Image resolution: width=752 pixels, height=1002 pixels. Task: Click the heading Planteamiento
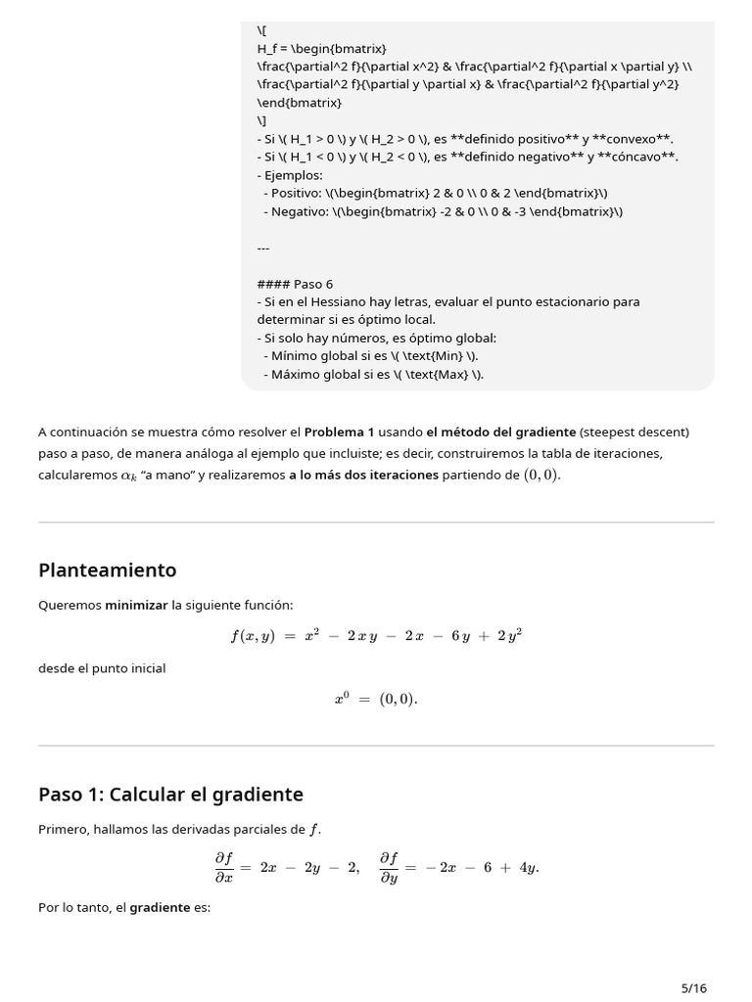[107, 570]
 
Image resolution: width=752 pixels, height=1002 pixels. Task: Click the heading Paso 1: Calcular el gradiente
[170, 795]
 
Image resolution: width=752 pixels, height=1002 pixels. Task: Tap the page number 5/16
[693, 987]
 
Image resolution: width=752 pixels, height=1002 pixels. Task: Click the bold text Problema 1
[339, 432]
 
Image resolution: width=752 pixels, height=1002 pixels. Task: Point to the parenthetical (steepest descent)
[634, 432]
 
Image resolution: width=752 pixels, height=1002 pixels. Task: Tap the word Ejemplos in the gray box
[293, 175]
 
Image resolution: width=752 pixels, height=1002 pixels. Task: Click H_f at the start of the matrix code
[268, 49]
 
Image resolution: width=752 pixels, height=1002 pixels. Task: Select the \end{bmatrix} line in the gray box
[300, 102]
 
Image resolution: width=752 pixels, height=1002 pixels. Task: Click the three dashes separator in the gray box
[263, 248]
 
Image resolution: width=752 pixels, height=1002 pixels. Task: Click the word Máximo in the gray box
[296, 374]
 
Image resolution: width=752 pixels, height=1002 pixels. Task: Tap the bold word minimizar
[136, 606]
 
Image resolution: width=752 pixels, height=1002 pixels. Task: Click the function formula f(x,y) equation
[376, 636]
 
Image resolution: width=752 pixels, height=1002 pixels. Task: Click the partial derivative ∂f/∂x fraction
[224, 867]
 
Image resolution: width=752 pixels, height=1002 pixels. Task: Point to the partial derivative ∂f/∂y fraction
[389, 867]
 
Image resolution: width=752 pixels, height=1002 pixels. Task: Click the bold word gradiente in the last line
[160, 907]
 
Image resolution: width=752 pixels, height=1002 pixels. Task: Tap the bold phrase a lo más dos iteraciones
[362, 475]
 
